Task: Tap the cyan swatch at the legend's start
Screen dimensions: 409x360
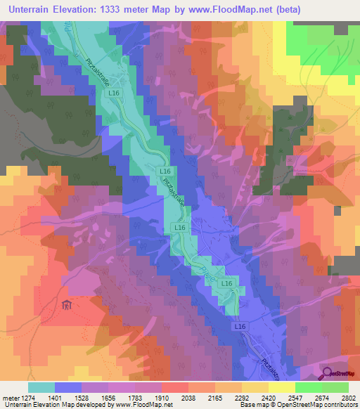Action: pos(41,387)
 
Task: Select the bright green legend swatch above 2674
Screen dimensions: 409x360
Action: pos(308,387)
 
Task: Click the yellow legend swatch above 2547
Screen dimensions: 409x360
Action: pos(281,387)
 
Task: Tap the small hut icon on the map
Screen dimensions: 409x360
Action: pos(67,304)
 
